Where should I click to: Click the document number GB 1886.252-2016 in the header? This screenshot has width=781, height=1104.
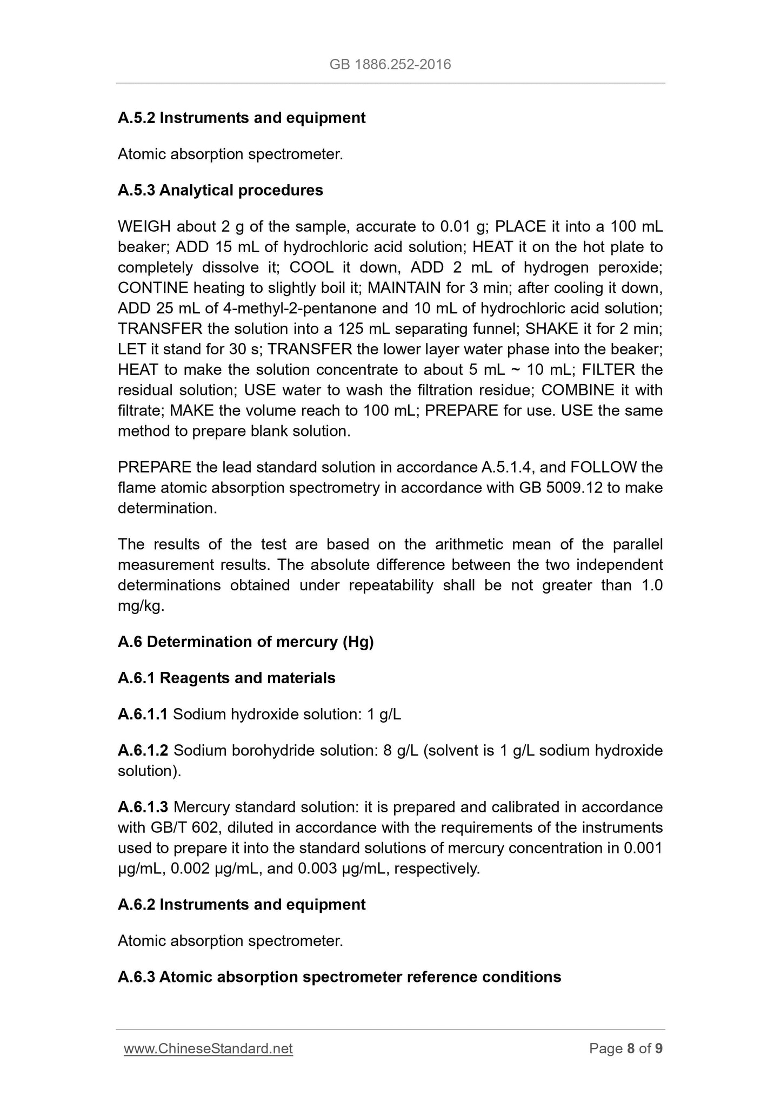pyautogui.click(x=390, y=65)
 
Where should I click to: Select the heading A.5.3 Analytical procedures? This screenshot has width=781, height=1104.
pyautogui.click(x=220, y=190)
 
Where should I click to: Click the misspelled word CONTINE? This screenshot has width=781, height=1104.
pyautogui.click(x=153, y=288)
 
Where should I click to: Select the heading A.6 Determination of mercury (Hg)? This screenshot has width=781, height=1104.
pyautogui.click(x=245, y=642)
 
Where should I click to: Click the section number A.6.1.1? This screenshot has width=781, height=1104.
pyautogui.click(x=143, y=714)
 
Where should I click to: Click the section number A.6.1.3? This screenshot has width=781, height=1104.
pyautogui.click(x=143, y=807)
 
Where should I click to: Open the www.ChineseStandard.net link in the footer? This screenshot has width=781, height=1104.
pyautogui.click(x=208, y=1048)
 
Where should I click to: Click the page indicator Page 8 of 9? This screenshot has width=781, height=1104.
pyautogui.click(x=626, y=1048)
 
